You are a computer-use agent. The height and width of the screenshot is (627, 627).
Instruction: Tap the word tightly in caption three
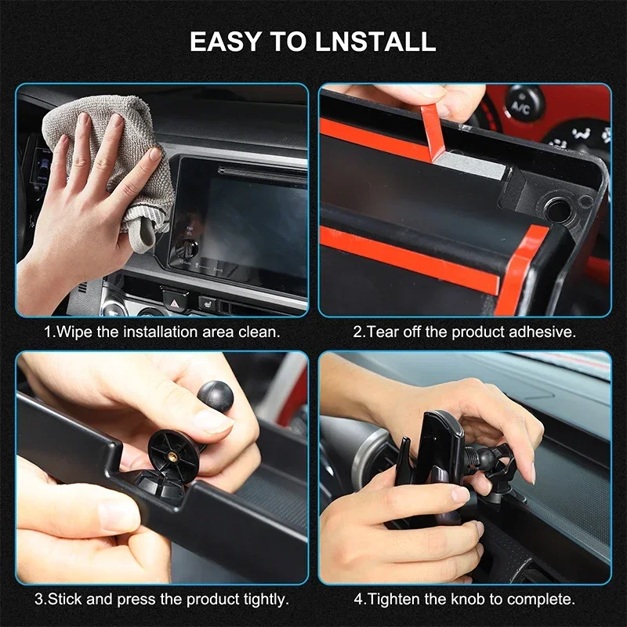pos(263,600)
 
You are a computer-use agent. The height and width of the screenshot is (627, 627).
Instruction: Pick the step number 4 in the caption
pos(357,600)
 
